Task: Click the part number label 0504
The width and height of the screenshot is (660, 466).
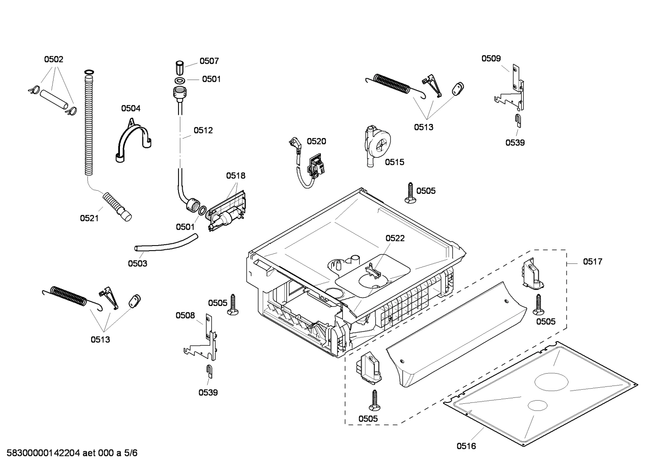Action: point(130,108)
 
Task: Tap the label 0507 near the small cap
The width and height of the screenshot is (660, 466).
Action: point(209,61)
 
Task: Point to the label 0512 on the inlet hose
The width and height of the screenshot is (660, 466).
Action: point(203,130)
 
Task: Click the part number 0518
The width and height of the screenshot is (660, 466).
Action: point(235,176)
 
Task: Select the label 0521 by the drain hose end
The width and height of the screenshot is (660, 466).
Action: point(89,218)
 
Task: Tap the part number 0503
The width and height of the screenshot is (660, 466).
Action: point(137,263)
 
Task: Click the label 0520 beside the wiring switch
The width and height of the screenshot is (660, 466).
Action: point(316,141)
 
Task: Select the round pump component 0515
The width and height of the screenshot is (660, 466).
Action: point(379,144)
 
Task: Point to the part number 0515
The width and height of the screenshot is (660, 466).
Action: point(394,162)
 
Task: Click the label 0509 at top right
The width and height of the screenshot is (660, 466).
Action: point(491,58)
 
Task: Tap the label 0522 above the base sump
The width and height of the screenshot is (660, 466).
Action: point(395,238)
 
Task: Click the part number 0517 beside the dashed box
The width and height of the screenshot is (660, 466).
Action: point(592,262)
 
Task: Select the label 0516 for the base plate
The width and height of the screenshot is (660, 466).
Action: point(466,446)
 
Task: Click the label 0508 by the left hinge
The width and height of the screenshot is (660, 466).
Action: point(185,315)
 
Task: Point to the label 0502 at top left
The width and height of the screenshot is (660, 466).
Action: point(54,59)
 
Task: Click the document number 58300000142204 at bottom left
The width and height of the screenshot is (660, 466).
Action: point(41,453)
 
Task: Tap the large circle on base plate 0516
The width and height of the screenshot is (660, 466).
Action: point(552,380)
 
